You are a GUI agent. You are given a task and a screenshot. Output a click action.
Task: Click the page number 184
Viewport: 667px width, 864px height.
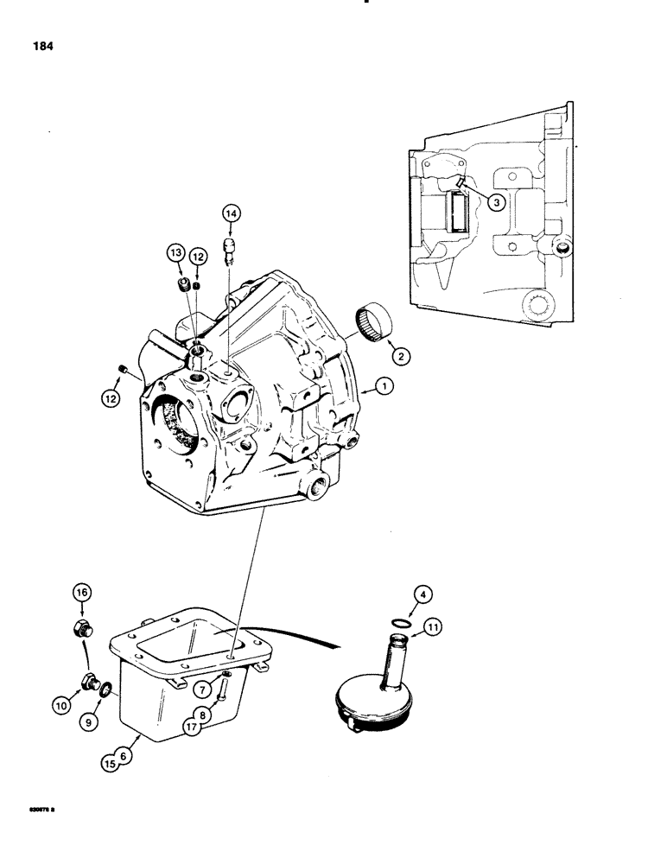(x=41, y=48)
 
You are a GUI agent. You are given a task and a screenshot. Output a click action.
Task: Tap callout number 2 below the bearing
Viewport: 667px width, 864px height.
(x=497, y=201)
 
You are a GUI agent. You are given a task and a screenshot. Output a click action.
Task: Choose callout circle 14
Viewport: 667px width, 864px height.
(x=230, y=213)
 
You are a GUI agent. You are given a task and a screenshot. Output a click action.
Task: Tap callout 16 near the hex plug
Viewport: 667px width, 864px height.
(x=79, y=592)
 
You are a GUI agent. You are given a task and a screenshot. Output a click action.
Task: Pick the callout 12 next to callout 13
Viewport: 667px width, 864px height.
(x=197, y=256)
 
